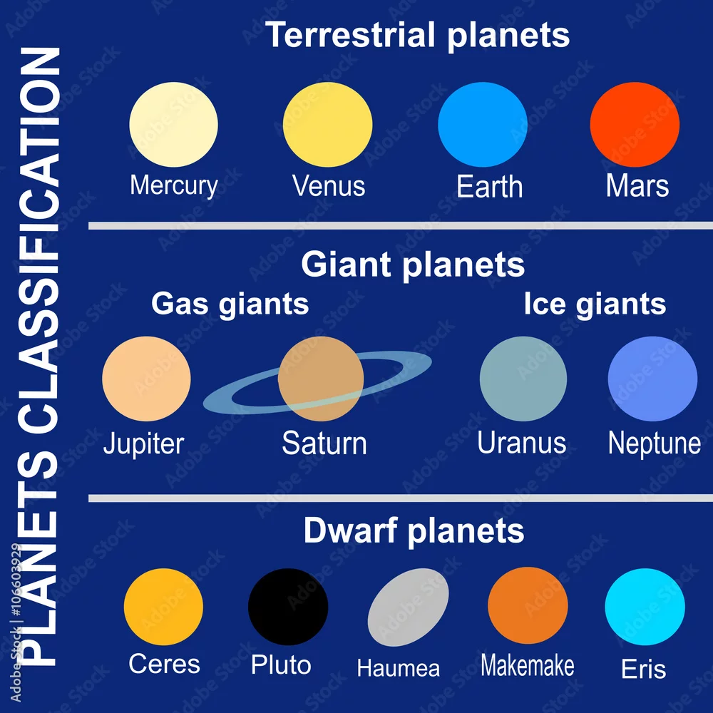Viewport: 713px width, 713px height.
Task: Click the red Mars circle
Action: point(635,124)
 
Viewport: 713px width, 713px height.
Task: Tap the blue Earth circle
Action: point(483,124)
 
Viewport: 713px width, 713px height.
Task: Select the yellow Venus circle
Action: point(327,124)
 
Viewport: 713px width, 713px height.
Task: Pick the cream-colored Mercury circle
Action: point(173,124)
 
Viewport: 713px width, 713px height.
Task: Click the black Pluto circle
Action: point(288,607)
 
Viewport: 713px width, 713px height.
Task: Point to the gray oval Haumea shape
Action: point(408,607)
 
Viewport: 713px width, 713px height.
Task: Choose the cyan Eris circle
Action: point(645,607)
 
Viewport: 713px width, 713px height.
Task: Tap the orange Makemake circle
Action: point(528,605)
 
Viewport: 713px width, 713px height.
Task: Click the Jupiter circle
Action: point(146,379)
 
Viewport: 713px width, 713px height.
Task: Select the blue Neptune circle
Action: point(652,379)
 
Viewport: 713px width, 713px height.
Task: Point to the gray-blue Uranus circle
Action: point(523,379)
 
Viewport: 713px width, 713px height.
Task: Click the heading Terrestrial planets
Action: point(417,35)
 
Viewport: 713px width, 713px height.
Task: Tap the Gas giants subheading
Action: point(230,304)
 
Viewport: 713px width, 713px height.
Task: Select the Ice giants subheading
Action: point(595,304)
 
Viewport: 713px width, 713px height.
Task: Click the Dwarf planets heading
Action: point(414,531)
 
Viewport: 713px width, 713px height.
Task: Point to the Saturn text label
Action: point(324,443)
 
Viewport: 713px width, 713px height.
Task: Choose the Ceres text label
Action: point(164,664)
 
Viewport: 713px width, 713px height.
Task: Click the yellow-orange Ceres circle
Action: point(163,607)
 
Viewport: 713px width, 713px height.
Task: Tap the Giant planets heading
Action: point(413,265)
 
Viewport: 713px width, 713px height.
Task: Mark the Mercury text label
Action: point(174,186)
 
